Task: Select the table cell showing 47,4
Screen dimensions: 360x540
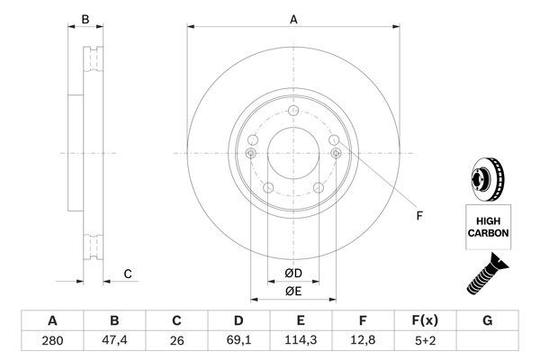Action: coord(114,342)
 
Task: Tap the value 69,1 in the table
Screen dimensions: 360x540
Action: coord(239,342)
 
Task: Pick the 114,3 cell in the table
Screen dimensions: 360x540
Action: coord(301,342)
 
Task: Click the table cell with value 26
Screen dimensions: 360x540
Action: coord(176,342)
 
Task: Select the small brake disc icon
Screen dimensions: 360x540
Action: coord(487,178)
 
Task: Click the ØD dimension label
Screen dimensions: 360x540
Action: coord(293,274)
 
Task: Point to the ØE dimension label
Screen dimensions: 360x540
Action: coord(293,291)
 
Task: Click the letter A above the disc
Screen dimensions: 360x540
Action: coord(293,18)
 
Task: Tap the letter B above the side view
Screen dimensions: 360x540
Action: coord(85,18)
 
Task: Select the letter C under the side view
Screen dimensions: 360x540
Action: coord(128,274)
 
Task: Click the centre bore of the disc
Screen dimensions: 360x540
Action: coord(293,153)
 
